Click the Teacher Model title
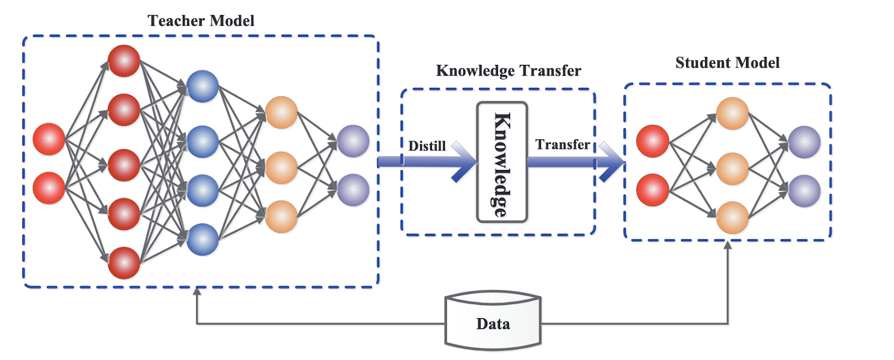(x=201, y=21)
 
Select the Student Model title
(x=727, y=63)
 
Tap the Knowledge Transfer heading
(x=508, y=71)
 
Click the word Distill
(x=427, y=146)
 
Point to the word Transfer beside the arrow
(x=562, y=145)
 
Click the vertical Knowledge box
(x=502, y=162)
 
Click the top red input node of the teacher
(x=49, y=139)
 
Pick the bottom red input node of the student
(x=652, y=190)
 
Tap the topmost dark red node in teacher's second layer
(x=123, y=61)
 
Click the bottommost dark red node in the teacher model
(x=123, y=263)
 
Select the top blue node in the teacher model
(x=202, y=86)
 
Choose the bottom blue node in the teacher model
(x=202, y=239)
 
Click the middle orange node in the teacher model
(x=281, y=167)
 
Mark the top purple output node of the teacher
(x=353, y=141)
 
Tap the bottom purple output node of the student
(x=804, y=191)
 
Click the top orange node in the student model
(x=732, y=113)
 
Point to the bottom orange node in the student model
(x=732, y=217)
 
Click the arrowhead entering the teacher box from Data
(x=197, y=291)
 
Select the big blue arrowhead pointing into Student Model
(x=612, y=163)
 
